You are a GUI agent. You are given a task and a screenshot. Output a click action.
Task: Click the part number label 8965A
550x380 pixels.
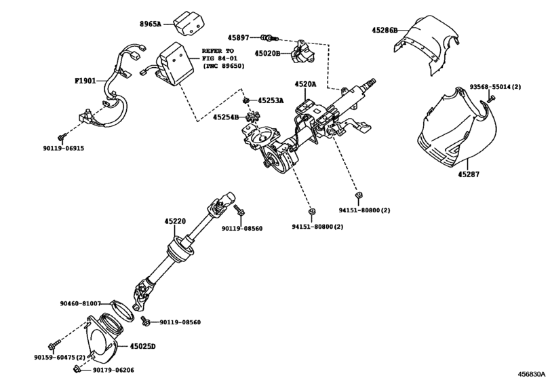[151, 24]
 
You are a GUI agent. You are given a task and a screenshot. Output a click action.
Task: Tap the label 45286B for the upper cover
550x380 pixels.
[384, 31]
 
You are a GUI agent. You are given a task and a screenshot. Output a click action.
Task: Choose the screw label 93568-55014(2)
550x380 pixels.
[496, 88]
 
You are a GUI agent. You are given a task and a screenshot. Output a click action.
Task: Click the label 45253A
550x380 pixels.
[271, 100]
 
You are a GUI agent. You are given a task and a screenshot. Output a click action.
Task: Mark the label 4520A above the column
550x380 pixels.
[305, 85]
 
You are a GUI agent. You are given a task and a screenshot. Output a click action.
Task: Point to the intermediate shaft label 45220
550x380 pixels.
[174, 221]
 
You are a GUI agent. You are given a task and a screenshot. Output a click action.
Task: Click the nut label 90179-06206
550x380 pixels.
[113, 370]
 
